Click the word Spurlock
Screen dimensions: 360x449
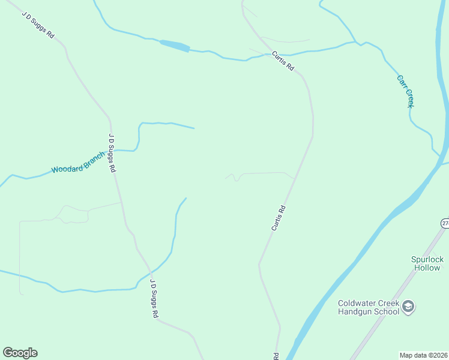pyautogui.click(x=427, y=259)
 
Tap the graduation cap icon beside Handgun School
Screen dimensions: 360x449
pyautogui.click(x=408, y=307)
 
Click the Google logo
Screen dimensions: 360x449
pyautogui.click(x=20, y=353)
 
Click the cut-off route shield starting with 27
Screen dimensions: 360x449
pyautogui.click(x=445, y=223)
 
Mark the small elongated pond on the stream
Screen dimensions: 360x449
pyautogui.click(x=175, y=46)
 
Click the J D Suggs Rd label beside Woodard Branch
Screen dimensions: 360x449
pyautogui.click(x=112, y=153)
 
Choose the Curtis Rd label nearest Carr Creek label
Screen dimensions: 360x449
pyautogui.click(x=282, y=61)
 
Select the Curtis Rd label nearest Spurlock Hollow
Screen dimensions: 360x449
pyautogui.click(x=278, y=218)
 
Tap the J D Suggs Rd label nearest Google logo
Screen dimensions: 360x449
pyautogui.click(x=154, y=298)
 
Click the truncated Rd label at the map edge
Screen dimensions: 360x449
pyautogui.click(x=277, y=356)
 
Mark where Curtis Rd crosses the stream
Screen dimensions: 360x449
pyautogui.click(x=265, y=55)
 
